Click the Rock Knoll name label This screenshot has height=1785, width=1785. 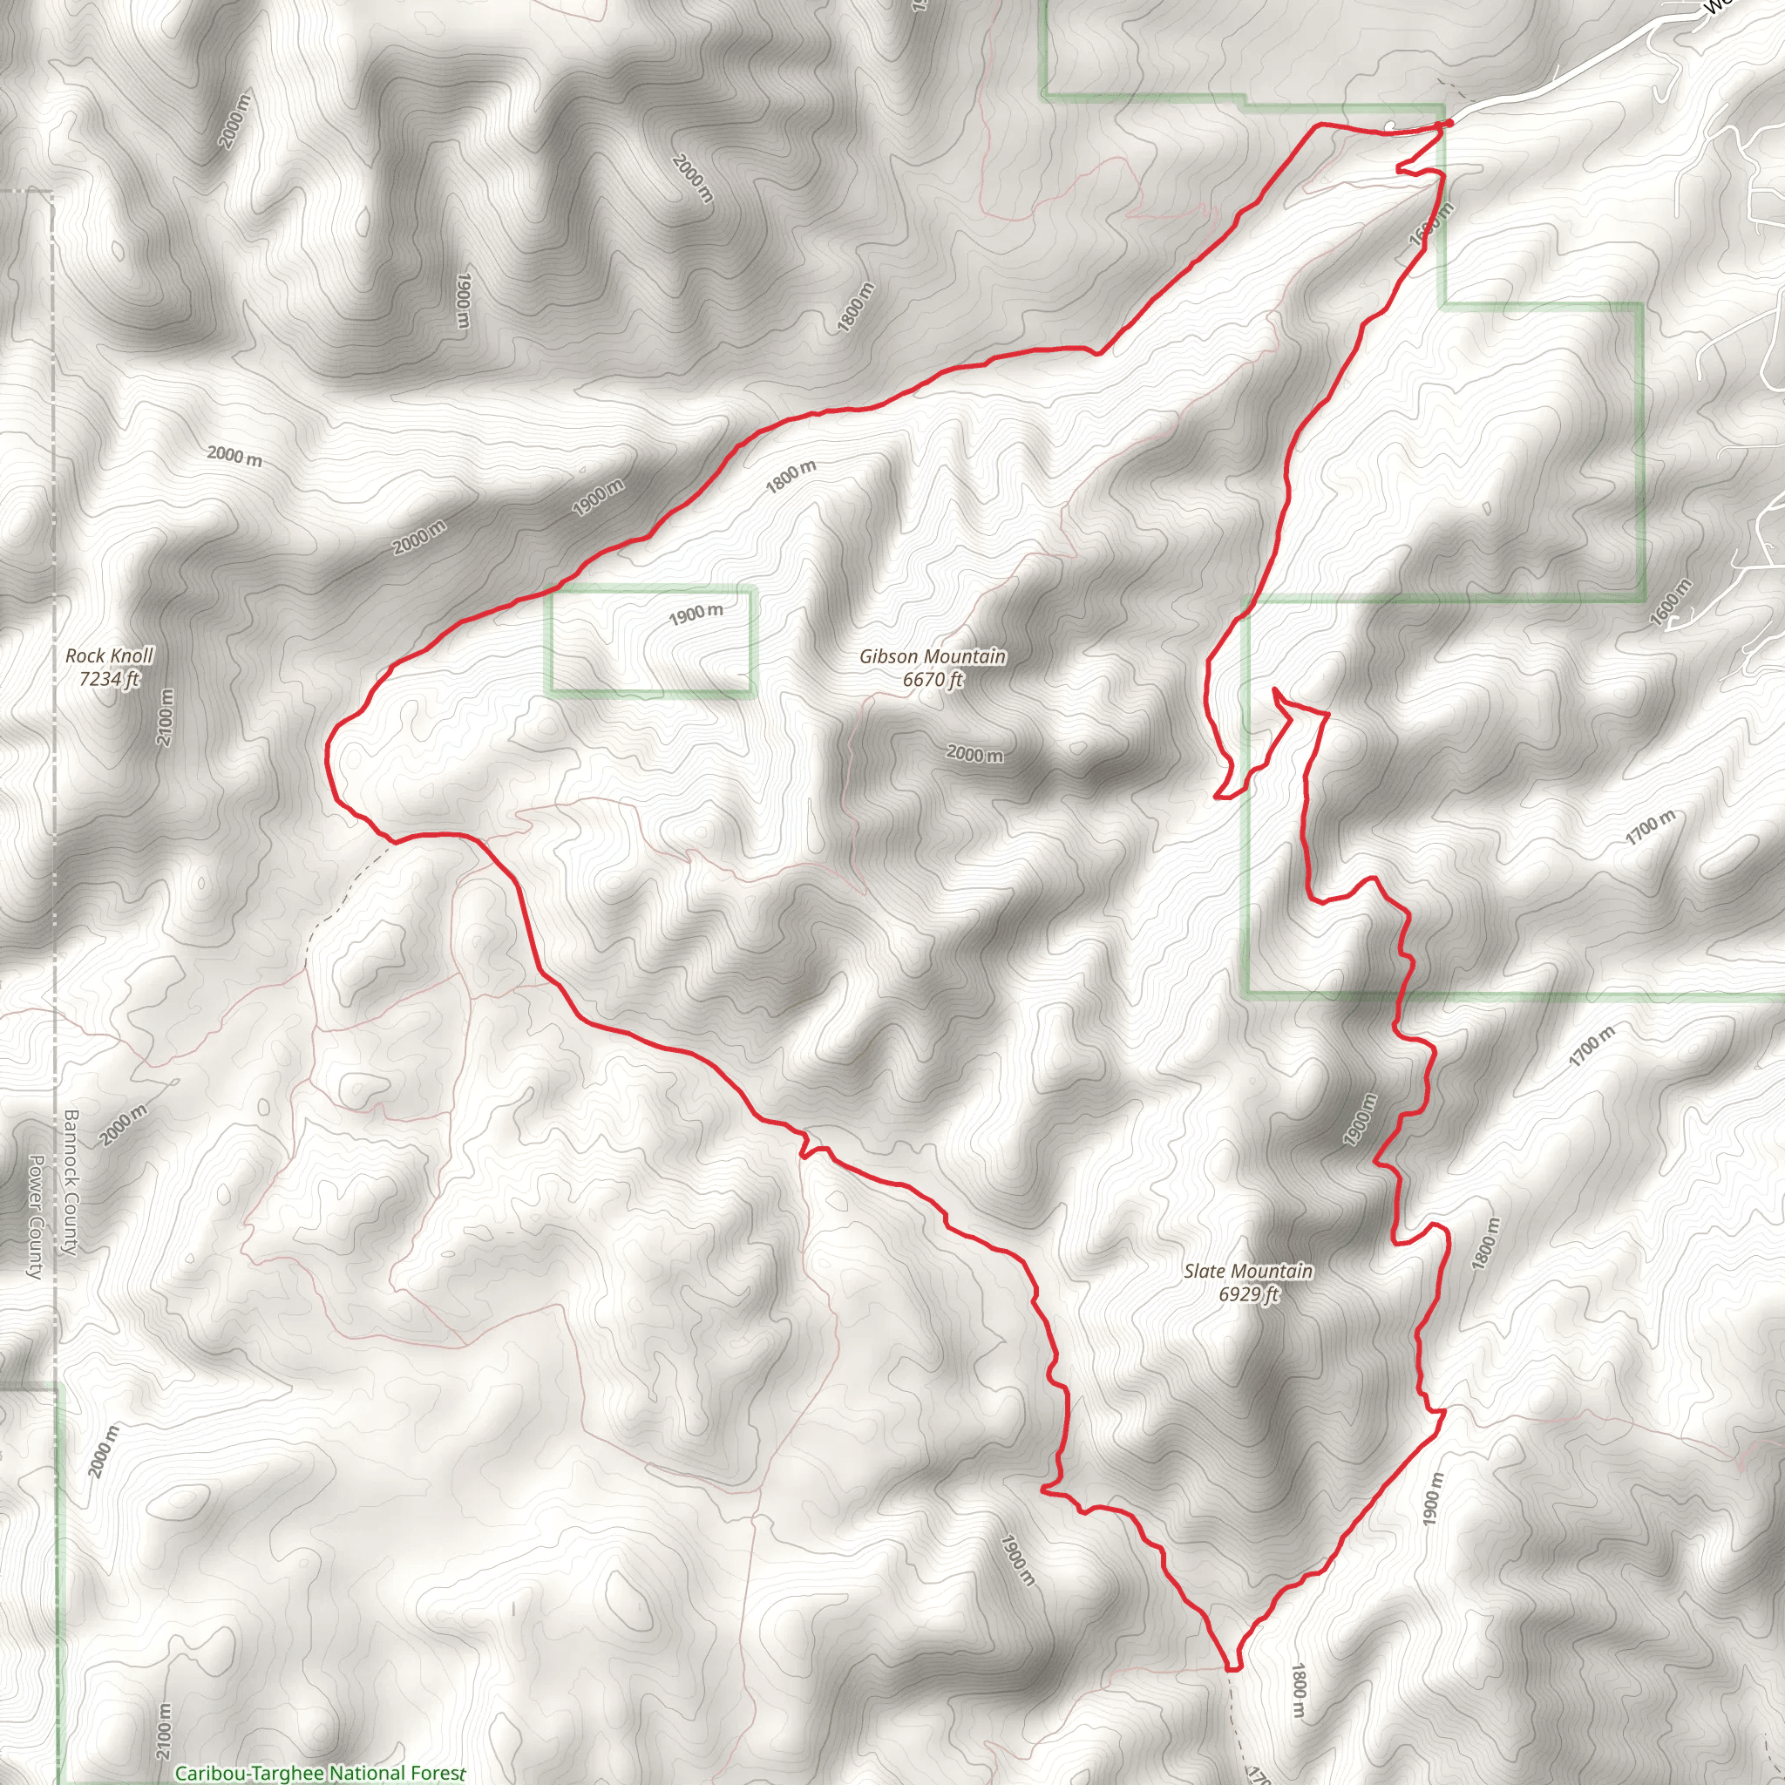click(109, 656)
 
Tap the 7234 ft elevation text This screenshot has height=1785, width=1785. click(109, 679)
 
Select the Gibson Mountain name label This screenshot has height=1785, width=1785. click(933, 656)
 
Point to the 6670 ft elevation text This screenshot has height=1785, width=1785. click(933, 680)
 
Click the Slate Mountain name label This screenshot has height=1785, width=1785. click(1247, 1272)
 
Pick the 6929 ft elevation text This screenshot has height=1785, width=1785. click(1247, 1294)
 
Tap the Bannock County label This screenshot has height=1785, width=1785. click(71, 1182)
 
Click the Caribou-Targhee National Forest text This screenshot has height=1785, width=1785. click(320, 1773)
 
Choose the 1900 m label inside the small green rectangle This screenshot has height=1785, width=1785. click(696, 614)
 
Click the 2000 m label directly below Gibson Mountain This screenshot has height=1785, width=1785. click(974, 754)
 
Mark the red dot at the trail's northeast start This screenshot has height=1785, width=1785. click(1449, 123)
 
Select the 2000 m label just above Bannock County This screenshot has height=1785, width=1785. click(123, 1125)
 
